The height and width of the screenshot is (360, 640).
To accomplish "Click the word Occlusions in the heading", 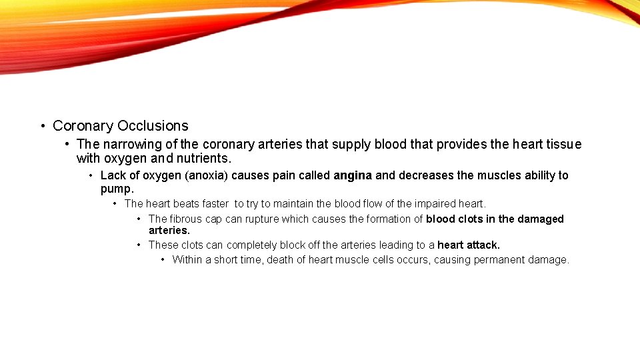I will pyautogui.click(x=153, y=125).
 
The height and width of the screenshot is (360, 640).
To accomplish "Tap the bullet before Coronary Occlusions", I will pyautogui.click(x=43, y=126).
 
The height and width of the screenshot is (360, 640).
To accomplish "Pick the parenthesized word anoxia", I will pyautogui.click(x=207, y=175).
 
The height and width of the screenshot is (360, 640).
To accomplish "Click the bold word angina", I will pyautogui.click(x=353, y=175).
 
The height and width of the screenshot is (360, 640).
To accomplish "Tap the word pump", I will pyautogui.click(x=116, y=189).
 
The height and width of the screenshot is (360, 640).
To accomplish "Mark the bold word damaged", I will pyautogui.click(x=541, y=219).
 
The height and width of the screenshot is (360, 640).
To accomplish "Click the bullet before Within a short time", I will pyautogui.click(x=163, y=259).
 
